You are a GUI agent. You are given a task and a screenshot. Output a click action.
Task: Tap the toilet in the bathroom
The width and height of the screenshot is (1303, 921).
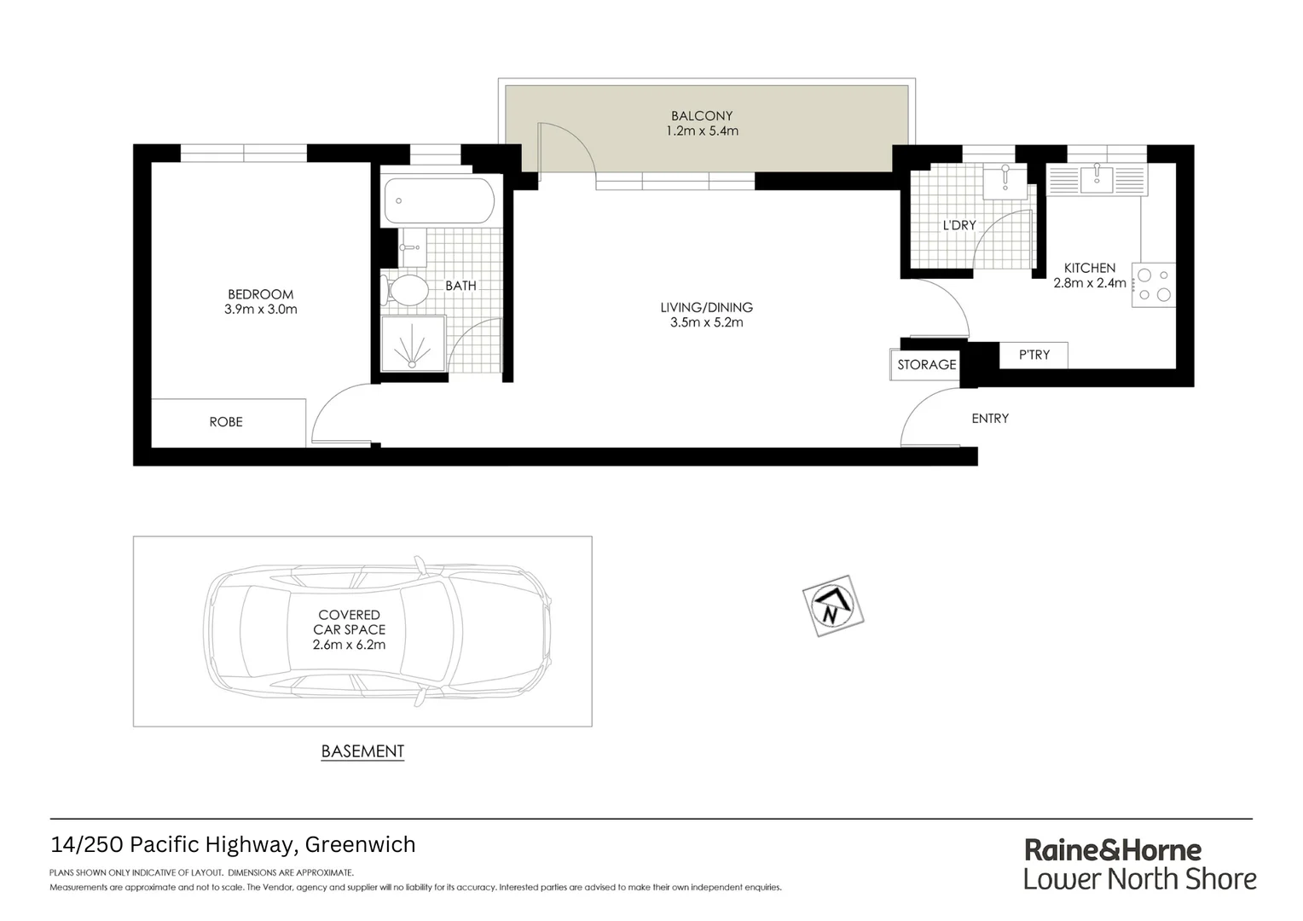pos(407,290)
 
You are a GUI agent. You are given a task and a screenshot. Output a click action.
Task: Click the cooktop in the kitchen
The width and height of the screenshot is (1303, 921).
pos(1154,285)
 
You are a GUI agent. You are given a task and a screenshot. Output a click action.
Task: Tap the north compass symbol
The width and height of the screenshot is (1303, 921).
pos(832,606)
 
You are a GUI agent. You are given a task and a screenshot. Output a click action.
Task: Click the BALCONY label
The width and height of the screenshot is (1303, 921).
pos(702,116)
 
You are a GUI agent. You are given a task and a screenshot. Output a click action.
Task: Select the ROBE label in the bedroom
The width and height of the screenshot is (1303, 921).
pos(226,422)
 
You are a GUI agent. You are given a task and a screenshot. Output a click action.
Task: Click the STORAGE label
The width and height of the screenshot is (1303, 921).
pos(927,365)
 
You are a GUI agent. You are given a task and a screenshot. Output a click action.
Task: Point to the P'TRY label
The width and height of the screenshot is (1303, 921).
pos(1034,355)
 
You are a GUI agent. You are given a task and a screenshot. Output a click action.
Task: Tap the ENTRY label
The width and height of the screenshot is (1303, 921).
pos(990,419)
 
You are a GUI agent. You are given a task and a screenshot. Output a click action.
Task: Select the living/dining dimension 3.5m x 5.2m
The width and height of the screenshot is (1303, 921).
pos(707,322)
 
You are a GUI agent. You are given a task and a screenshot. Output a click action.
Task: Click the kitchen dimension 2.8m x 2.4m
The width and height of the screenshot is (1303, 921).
pos(1090,283)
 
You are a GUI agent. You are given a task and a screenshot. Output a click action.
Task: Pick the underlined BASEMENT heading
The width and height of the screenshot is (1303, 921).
pos(362,751)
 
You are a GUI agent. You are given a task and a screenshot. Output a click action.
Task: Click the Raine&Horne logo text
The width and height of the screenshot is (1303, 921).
pos(1113,850)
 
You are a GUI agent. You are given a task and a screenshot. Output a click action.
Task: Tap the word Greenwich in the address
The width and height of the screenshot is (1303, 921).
pos(360,844)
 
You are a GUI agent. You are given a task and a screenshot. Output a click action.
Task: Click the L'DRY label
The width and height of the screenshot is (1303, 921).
pos(959,226)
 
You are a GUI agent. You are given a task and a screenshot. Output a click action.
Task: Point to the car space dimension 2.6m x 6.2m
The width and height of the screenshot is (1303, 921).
pos(349,645)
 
